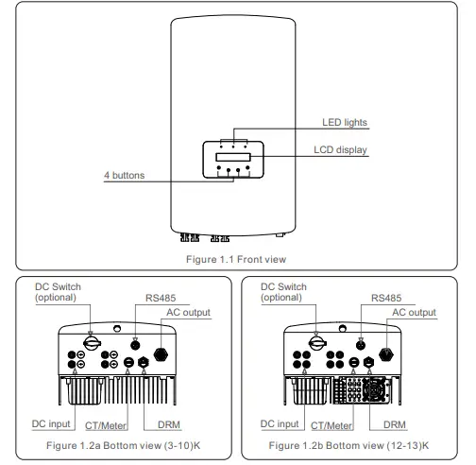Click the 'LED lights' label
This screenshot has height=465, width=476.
[343, 123]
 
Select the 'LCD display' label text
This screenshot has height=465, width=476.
[341, 150]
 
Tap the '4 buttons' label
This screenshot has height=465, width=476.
[125, 176]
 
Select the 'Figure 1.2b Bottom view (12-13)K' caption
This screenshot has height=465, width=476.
[348, 443]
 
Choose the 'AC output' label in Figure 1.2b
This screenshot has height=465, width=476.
[415, 312]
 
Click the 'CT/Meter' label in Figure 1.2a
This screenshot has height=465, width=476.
[114, 426]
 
